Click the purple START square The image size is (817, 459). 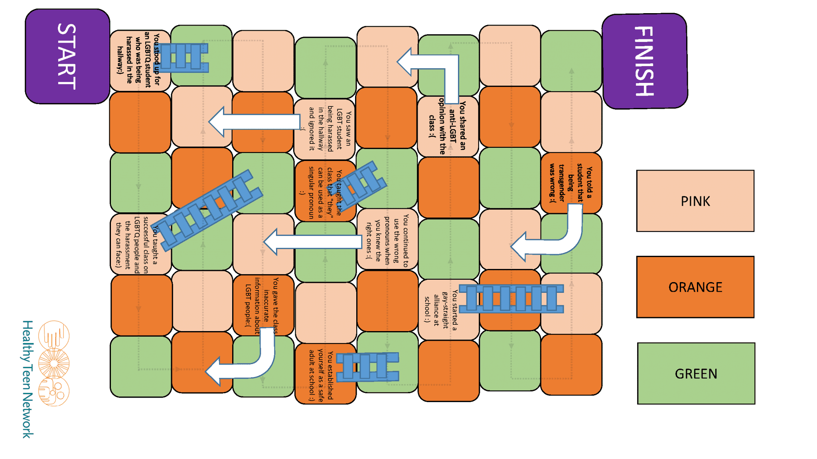pos(67,56)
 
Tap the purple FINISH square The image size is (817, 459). pos(645,61)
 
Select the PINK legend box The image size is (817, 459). pos(695,201)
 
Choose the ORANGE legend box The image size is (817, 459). pos(695,287)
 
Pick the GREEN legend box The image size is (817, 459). pos(696,373)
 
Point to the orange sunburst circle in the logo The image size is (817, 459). pos(54,363)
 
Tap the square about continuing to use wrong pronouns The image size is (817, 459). pos(387,239)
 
